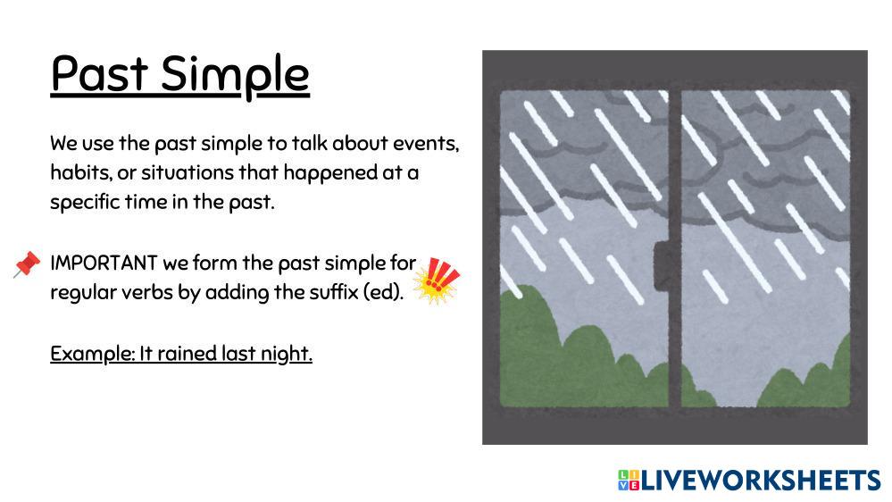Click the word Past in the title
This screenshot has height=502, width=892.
coord(99,73)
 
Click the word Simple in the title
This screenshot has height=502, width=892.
coord(235,77)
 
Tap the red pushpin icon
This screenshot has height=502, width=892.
coord(28,264)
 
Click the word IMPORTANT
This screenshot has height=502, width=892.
coord(104,263)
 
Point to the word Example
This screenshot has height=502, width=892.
coord(92,354)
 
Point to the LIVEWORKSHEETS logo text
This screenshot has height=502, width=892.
coord(761,481)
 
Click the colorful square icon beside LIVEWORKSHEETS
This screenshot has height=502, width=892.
coord(629,481)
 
